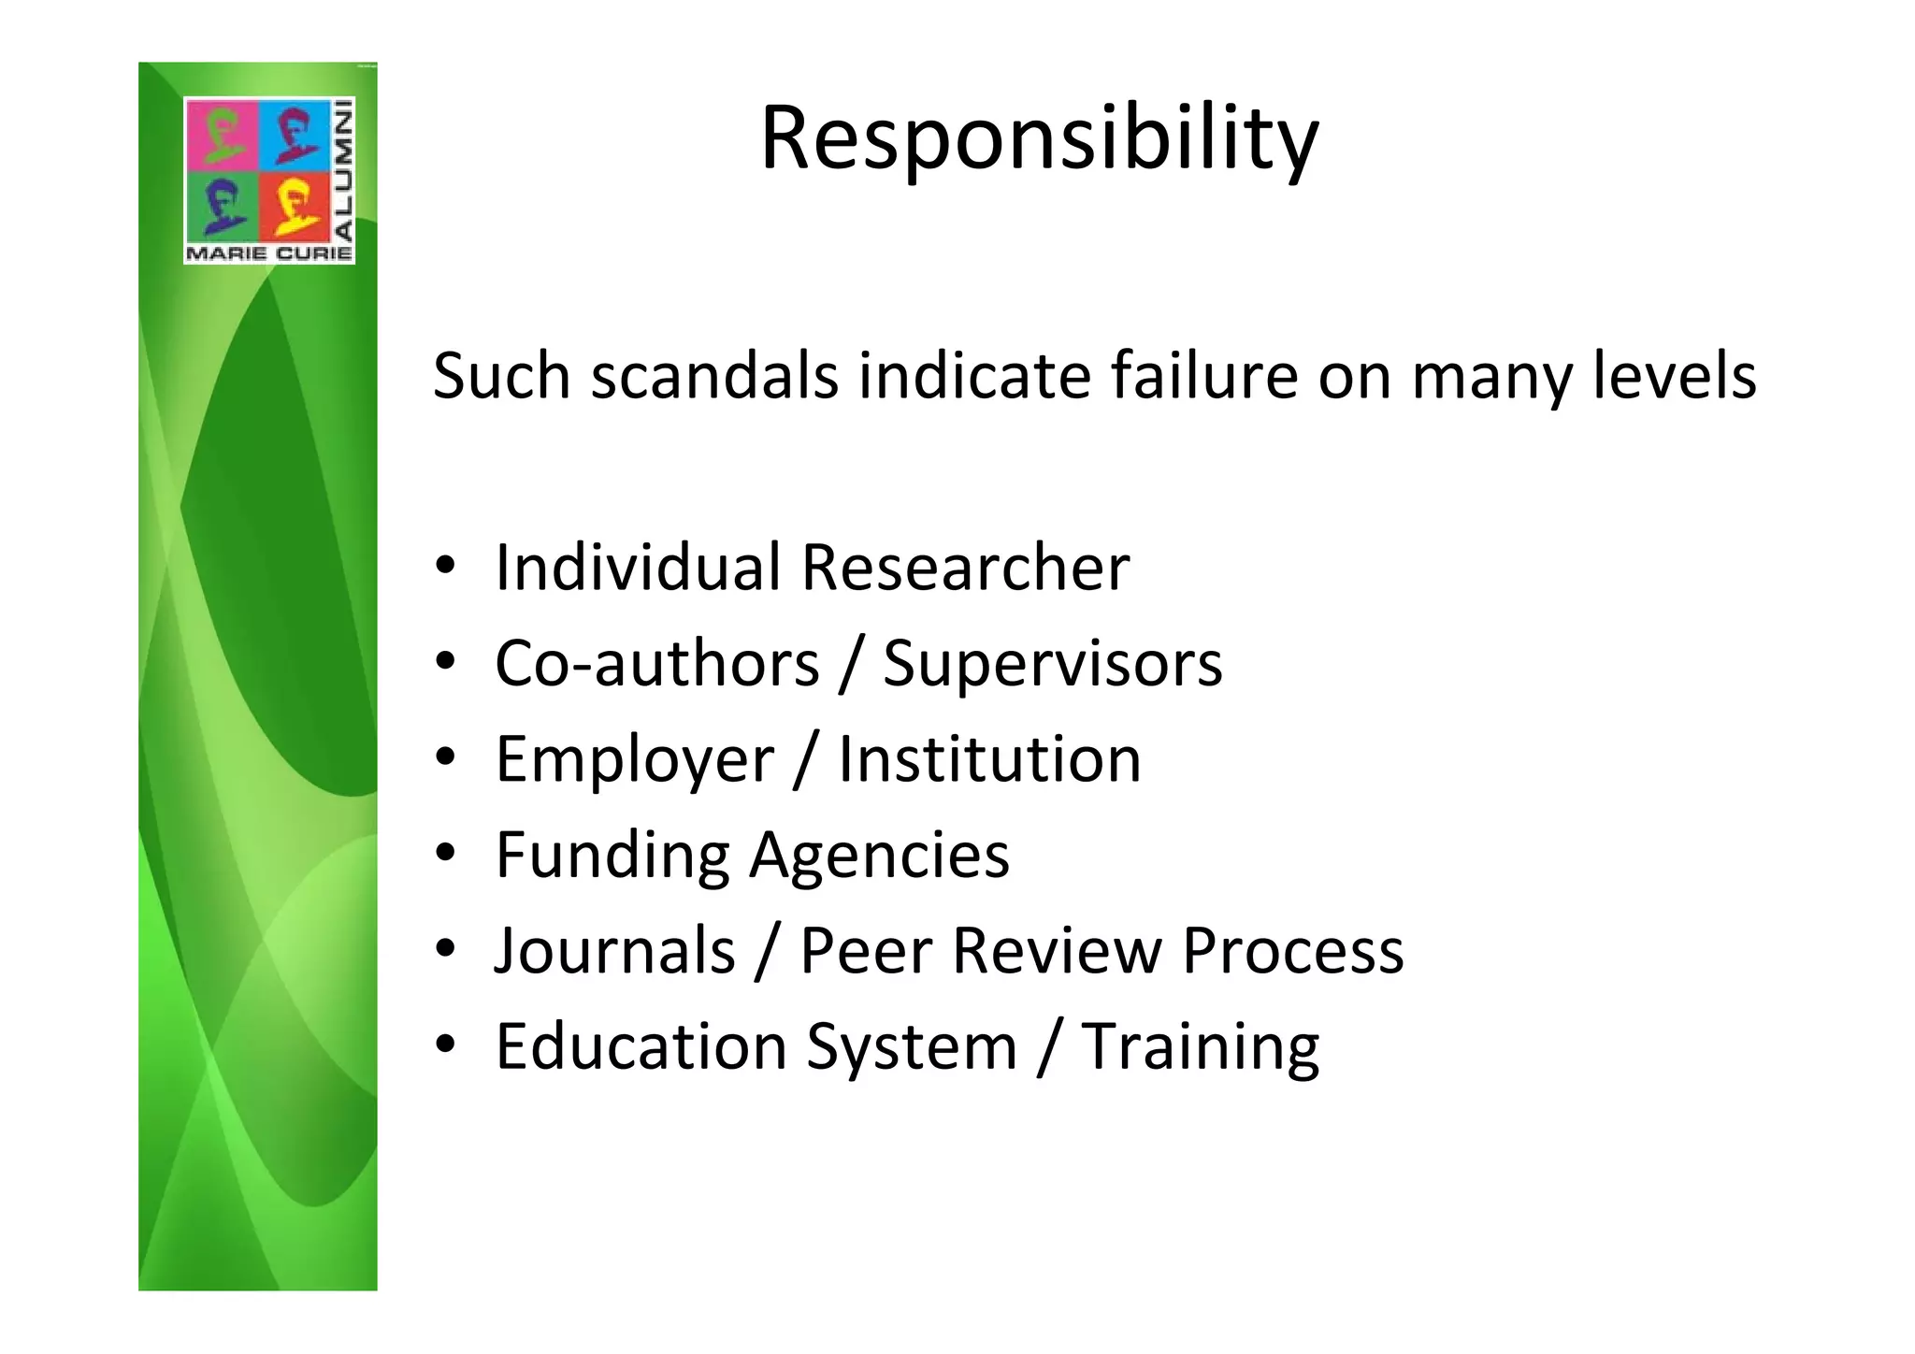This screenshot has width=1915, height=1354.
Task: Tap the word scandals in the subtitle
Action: pyautogui.click(x=714, y=376)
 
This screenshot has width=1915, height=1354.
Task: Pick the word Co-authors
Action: pyautogui.click(x=656, y=664)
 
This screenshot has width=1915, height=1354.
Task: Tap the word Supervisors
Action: pyautogui.click(x=1052, y=664)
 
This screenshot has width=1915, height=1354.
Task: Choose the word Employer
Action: pyautogui.click(x=635, y=760)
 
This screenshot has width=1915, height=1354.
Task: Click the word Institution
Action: pyautogui.click(x=989, y=759)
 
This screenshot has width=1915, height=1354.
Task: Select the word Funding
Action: pyautogui.click(x=612, y=856)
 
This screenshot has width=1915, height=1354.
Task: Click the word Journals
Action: pyautogui.click(x=614, y=951)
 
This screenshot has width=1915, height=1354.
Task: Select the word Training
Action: pyautogui.click(x=1201, y=1048)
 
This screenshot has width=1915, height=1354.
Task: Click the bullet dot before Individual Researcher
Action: pyautogui.click(x=445, y=566)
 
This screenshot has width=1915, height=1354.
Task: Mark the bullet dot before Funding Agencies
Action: pyautogui.click(x=445, y=853)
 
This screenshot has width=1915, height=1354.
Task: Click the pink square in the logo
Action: pyautogui.click(x=222, y=135)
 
